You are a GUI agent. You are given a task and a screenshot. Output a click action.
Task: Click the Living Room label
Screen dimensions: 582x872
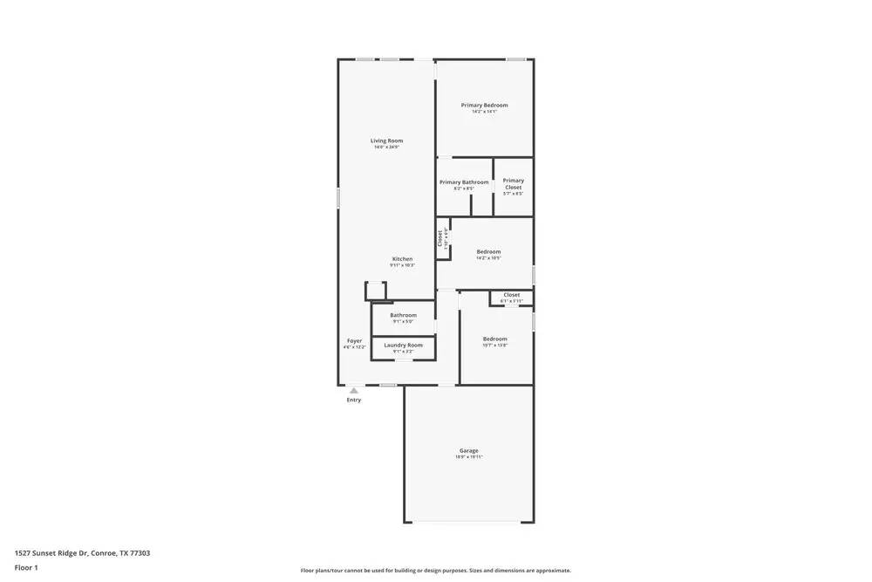pyautogui.click(x=386, y=140)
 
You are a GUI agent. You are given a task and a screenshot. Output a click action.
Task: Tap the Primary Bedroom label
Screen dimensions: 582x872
pyautogui.click(x=484, y=105)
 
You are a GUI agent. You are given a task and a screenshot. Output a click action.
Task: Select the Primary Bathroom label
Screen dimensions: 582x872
pyautogui.click(x=464, y=182)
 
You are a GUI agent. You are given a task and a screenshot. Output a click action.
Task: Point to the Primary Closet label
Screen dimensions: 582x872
pyautogui.click(x=513, y=184)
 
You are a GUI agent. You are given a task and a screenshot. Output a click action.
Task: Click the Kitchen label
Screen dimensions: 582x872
pyautogui.click(x=402, y=259)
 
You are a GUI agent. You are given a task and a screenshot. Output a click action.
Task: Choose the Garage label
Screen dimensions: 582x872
pyautogui.click(x=468, y=450)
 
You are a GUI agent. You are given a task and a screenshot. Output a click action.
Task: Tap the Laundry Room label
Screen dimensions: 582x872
pyautogui.click(x=403, y=345)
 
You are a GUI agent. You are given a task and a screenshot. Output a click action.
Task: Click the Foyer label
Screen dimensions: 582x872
pyautogui.click(x=354, y=340)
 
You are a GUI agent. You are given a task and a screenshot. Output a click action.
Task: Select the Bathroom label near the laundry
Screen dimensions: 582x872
pyautogui.click(x=403, y=315)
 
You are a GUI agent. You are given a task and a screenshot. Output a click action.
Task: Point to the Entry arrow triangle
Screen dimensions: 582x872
pyautogui.click(x=353, y=391)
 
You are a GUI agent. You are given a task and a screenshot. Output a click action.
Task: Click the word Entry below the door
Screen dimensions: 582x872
pyautogui.click(x=353, y=401)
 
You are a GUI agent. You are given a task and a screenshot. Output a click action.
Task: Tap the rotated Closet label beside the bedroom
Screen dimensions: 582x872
pyautogui.click(x=440, y=239)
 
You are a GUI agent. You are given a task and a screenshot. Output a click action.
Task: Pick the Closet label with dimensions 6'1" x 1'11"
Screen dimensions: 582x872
pyautogui.click(x=511, y=295)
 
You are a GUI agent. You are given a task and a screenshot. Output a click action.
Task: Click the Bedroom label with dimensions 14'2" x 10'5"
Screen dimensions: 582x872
pyautogui.click(x=488, y=251)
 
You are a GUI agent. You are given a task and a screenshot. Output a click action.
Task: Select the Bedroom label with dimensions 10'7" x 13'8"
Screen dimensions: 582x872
pyautogui.click(x=494, y=339)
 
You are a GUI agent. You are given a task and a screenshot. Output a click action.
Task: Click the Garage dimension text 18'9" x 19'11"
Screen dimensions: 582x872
pyautogui.click(x=468, y=457)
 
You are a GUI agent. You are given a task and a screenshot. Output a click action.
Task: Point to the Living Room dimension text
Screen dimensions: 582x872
pyautogui.click(x=386, y=147)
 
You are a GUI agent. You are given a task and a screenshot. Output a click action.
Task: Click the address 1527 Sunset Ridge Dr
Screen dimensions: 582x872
pyautogui.click(x=82, y=552)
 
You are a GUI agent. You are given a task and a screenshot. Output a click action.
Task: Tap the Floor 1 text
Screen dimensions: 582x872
pyautogui.click(x=26, y=567)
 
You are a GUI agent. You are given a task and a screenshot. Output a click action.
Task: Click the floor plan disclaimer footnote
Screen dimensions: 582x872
pyautogui.click(x=435, y=571)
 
